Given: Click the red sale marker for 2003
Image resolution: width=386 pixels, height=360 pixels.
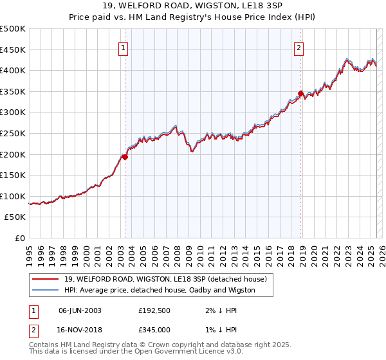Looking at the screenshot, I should tap(125, 156).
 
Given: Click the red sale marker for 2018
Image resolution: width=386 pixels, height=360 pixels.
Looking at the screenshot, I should tap(300, 94).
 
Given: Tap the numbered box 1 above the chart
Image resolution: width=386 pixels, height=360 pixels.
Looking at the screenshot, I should tap(123, 46).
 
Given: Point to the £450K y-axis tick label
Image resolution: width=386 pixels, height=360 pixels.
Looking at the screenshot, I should tap(13, 50).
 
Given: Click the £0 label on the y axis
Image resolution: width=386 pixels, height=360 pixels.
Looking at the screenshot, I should tap(20, 238).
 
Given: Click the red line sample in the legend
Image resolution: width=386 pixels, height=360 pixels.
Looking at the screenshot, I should tap(46, 278).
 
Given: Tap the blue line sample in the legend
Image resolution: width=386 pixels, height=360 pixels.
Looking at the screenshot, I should tap(46, 290).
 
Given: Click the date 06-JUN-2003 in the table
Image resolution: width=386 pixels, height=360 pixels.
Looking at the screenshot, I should tap(80, 310).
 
